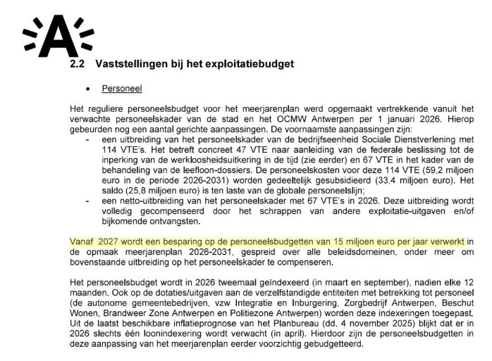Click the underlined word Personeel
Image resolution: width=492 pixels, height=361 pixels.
(121, 90)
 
